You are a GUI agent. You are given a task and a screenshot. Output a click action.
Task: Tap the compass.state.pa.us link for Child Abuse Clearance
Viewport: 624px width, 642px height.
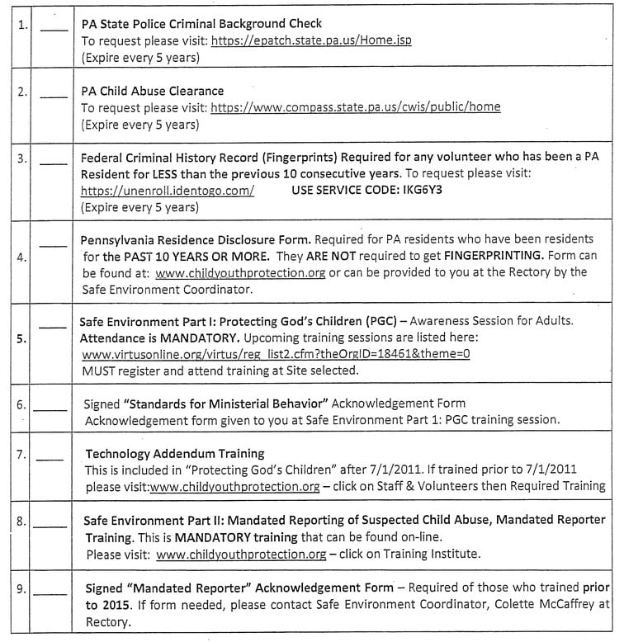(x=355, y=107)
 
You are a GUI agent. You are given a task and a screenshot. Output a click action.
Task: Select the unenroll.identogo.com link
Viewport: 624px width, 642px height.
(x=167, y=190)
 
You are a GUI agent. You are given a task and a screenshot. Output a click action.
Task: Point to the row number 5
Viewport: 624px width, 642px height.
(x=22, y=338)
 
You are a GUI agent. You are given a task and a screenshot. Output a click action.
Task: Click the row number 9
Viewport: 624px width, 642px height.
(x=22, y=589)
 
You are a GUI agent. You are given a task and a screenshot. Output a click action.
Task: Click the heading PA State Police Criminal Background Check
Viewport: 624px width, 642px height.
(x=201, y=23)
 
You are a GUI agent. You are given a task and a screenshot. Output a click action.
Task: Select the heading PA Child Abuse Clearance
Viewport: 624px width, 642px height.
(x=153, y=90)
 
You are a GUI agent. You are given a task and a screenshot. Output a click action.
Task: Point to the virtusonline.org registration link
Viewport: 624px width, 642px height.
(x=277, y=354)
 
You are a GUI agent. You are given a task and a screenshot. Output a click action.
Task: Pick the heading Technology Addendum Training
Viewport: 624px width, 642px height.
(x=175, y=453)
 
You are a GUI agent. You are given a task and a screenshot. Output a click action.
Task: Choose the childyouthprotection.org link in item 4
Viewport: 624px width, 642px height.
(x=241, y=271)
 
